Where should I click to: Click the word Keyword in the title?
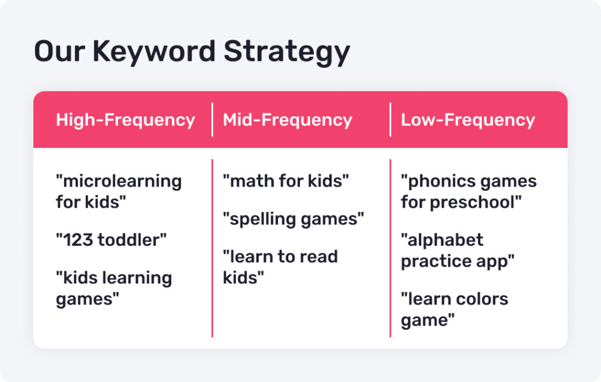point(154,51)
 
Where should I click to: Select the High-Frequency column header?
point(126,120)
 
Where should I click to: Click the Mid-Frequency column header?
point(288,120)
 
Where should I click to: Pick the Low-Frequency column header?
point(468,120)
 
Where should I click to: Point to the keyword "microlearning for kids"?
point(119,191)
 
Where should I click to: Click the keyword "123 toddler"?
point(111,240)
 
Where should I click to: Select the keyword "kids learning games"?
point(114,288)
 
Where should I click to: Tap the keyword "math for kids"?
point(286,181)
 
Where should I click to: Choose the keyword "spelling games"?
point(293,219)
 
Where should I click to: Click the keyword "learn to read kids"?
point(280,267)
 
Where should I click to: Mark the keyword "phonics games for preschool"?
point(469,191)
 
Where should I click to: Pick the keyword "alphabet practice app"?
point(458,251)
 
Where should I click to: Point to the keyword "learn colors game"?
point(455,310)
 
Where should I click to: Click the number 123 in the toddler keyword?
point(78,240)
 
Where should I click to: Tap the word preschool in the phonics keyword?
point(475,202)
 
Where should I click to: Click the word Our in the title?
point(59,51)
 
